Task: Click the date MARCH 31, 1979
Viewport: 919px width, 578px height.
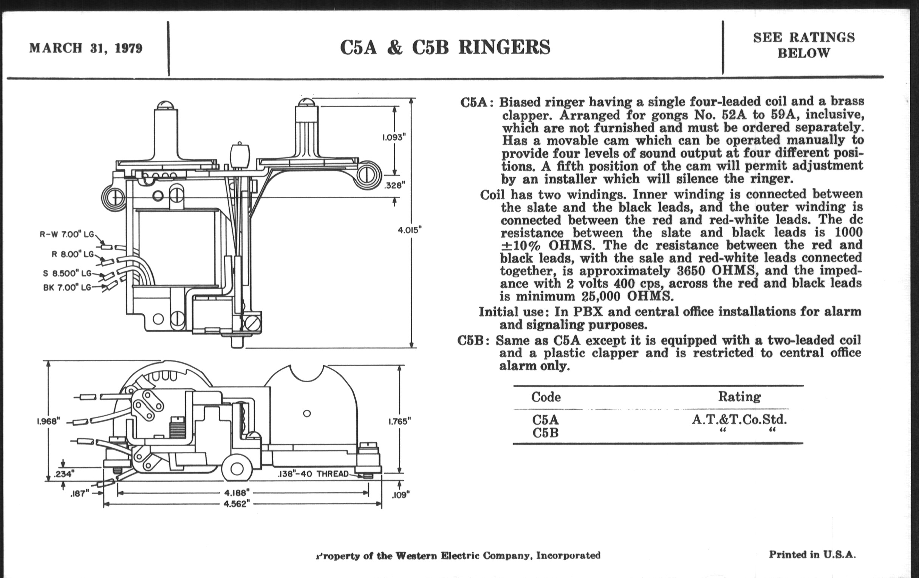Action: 86,48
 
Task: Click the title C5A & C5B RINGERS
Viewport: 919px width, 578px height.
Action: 445,47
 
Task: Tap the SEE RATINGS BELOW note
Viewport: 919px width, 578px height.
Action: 804,45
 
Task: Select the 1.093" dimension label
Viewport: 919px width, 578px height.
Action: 393,138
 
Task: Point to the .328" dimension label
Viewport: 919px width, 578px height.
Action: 394,185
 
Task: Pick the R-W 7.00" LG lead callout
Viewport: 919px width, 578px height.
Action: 67,234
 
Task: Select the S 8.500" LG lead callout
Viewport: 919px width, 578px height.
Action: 67,274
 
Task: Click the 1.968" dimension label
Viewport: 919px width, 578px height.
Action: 48,421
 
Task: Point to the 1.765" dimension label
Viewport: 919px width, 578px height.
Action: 399,422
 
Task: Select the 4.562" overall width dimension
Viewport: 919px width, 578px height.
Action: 237,504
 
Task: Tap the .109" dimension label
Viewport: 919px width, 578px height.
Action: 400,495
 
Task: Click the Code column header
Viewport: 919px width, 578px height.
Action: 546,397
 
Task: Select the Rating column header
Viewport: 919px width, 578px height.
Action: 739,397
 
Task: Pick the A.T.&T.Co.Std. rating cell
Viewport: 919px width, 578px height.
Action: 739,420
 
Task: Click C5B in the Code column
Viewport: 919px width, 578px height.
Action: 545,433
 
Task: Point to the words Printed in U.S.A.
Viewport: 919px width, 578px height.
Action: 812,554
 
